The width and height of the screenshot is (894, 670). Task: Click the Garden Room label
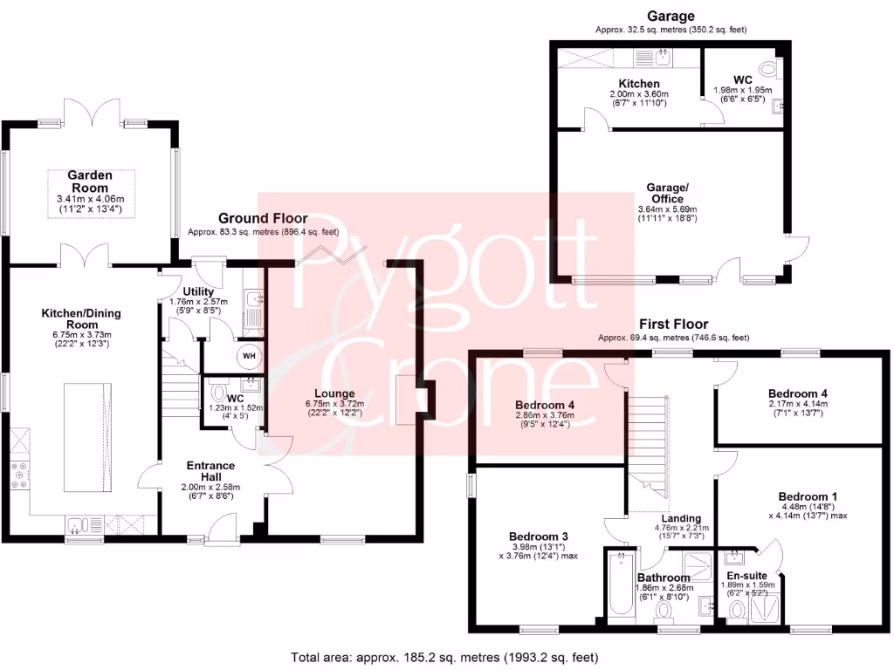[90, 181]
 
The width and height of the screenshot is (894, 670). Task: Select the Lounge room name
[335, 393]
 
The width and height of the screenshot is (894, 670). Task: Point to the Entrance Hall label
[207, 471]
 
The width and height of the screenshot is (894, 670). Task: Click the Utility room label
[198, 291]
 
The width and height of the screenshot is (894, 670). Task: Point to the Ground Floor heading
[263, 218]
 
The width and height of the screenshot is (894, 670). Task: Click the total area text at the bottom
[446, 656]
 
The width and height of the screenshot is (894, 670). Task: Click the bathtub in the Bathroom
[621, 584]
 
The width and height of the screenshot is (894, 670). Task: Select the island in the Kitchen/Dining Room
[90, 436]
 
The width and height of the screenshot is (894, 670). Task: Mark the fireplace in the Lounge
[405, 400]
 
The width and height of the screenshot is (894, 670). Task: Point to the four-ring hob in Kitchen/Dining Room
[19, 475]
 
